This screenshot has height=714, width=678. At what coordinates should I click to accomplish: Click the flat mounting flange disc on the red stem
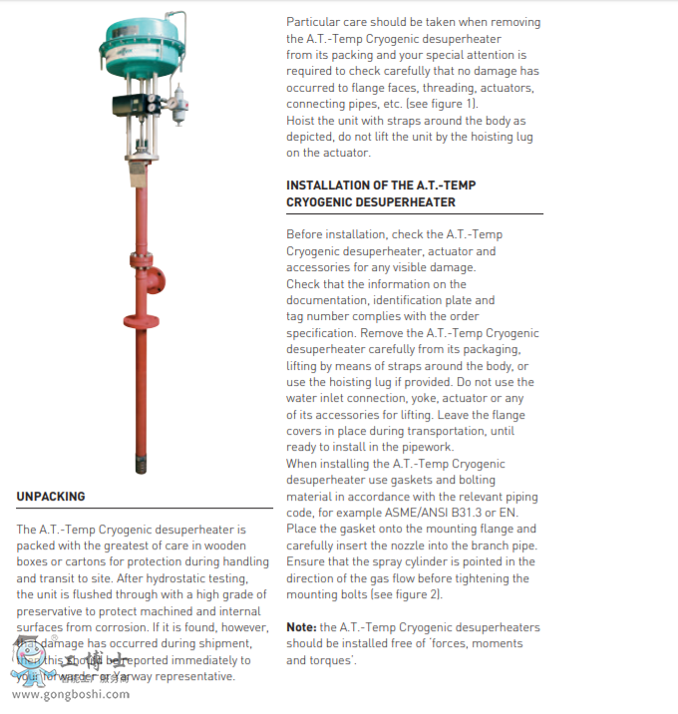click(x=142, y=320)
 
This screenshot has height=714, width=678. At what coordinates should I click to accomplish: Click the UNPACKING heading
click(x=51, y=497)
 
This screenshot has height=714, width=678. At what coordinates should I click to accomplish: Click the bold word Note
click(x=302, y=627)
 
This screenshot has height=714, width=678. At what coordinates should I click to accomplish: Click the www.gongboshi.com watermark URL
click(x=69, y=694)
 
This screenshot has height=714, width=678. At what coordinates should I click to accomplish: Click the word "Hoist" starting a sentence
click(x=302, y=121)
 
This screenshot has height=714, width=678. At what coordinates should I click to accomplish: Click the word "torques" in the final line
click(x=331, y=660)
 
